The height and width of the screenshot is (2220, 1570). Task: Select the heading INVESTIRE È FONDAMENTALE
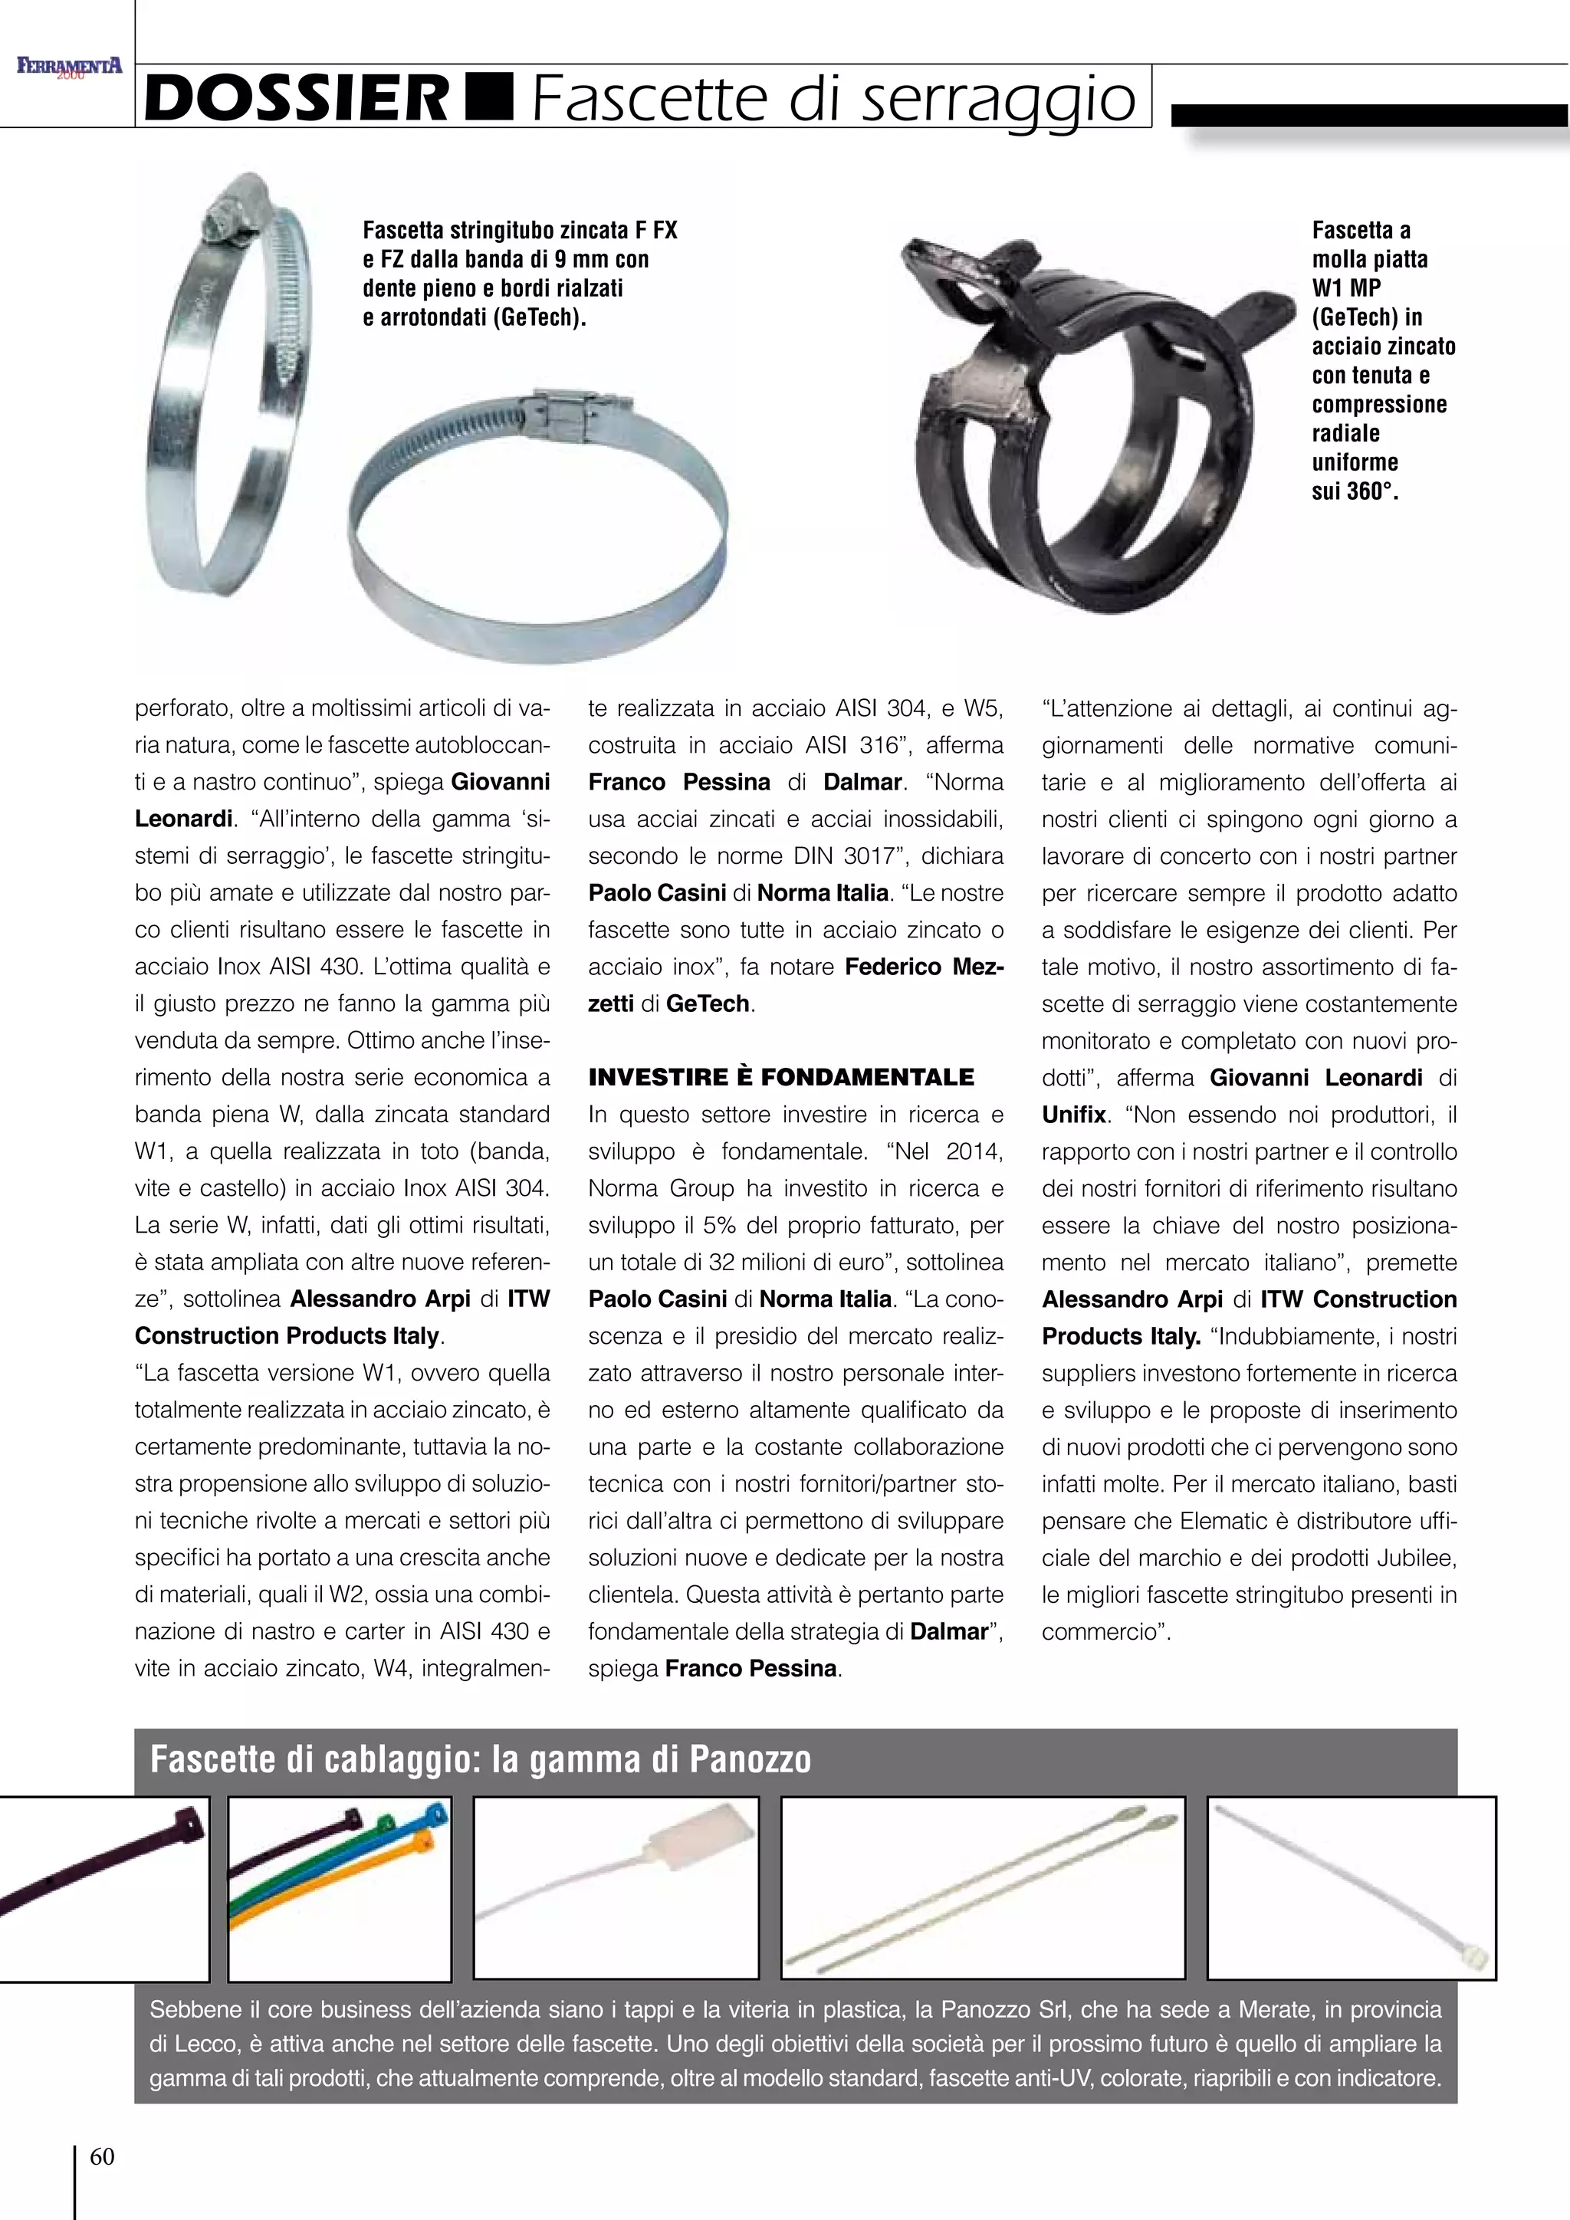coord(781,1077)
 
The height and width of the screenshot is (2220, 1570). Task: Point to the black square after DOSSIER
coord(489,97)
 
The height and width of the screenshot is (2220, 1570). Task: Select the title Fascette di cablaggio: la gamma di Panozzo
coord(481,1759)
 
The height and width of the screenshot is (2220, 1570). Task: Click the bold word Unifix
coord(1073,1115)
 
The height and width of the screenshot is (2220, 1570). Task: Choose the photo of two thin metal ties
coord(982,1887)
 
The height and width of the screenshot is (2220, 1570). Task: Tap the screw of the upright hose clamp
coord(222,222)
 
